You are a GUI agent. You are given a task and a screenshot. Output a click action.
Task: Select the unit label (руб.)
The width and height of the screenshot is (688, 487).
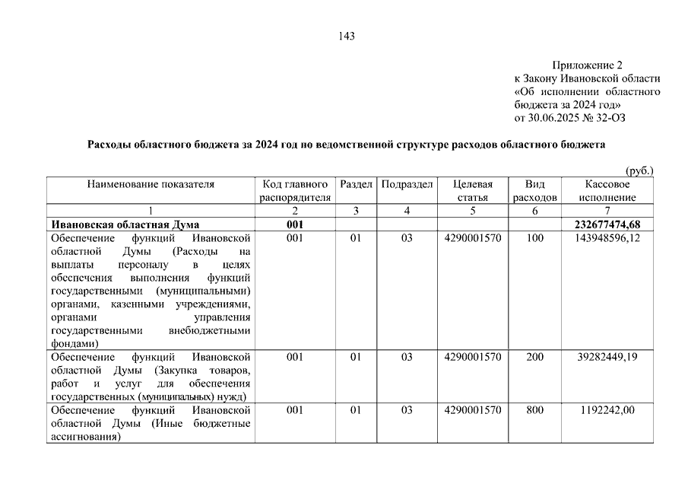click(x=639, y=171)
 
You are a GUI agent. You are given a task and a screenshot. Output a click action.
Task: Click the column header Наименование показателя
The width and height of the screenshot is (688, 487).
click(x=151, y=184)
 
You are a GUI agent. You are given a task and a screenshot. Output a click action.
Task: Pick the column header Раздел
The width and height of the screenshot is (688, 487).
click(x=356, y=184)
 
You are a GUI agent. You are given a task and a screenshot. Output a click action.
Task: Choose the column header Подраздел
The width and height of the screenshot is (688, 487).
click(x=407, y=184)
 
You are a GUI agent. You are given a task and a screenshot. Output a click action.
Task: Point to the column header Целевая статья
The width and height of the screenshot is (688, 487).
click(x=472, y=190)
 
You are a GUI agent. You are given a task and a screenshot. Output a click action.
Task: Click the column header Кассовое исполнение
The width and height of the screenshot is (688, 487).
click(x=607, y=190)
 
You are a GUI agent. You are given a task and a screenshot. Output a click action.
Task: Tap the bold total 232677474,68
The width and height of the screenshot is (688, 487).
click(x=606, y=224)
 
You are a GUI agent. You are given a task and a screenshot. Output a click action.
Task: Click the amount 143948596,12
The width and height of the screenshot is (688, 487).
click(x=606, y=238)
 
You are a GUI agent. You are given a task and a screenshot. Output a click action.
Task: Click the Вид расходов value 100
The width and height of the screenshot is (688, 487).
click(x=534, y=238)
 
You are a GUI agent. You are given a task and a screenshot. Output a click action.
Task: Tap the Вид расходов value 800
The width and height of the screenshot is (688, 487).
click(x=534, y=410)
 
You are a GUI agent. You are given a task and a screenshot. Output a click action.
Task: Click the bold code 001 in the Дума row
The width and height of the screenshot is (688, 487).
click(x=295, y=224)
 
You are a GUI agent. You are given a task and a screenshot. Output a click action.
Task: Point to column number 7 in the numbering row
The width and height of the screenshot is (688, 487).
click(x=607, y=211)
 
